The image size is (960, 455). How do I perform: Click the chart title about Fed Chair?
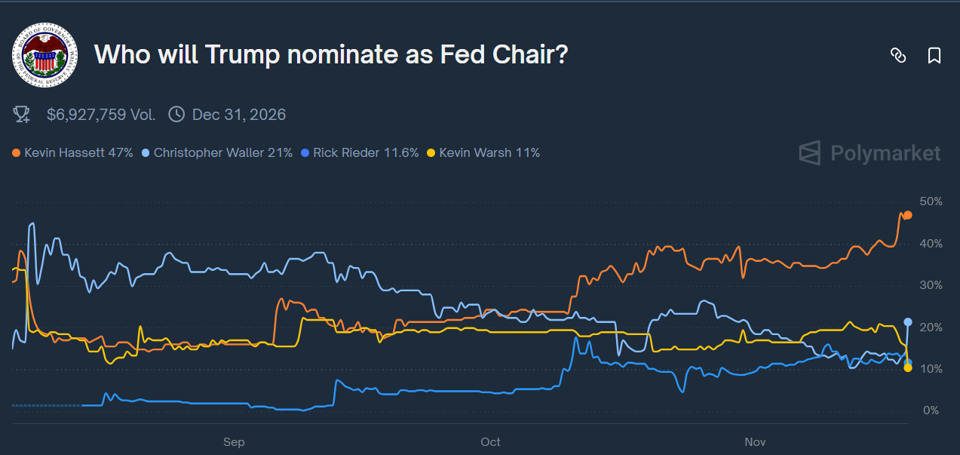[x=330, y=55]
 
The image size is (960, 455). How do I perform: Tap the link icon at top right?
[x=897, y=55]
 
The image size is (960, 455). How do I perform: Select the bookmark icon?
[x=934, y=55]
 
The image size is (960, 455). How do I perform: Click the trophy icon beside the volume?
[x=22, y=115]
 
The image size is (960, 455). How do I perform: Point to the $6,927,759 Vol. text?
[x=101, y=115]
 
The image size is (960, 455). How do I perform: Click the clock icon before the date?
[x=176, y=115]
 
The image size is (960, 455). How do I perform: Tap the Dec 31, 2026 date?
[x=238, y=115]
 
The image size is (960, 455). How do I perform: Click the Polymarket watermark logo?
[x=870, y=153]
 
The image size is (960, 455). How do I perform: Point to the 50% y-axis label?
[x=931, y=201]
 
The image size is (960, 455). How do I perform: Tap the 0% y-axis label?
[x=931, y=410]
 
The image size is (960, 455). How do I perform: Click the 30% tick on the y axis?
[x=931, y=285]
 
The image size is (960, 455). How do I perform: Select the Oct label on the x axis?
[x=490, y=441]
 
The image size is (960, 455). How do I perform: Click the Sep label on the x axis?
[x=234, y=441]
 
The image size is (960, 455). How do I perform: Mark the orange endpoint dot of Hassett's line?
[x=908, y=215]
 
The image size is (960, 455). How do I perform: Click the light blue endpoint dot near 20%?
[x=908, y=322]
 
